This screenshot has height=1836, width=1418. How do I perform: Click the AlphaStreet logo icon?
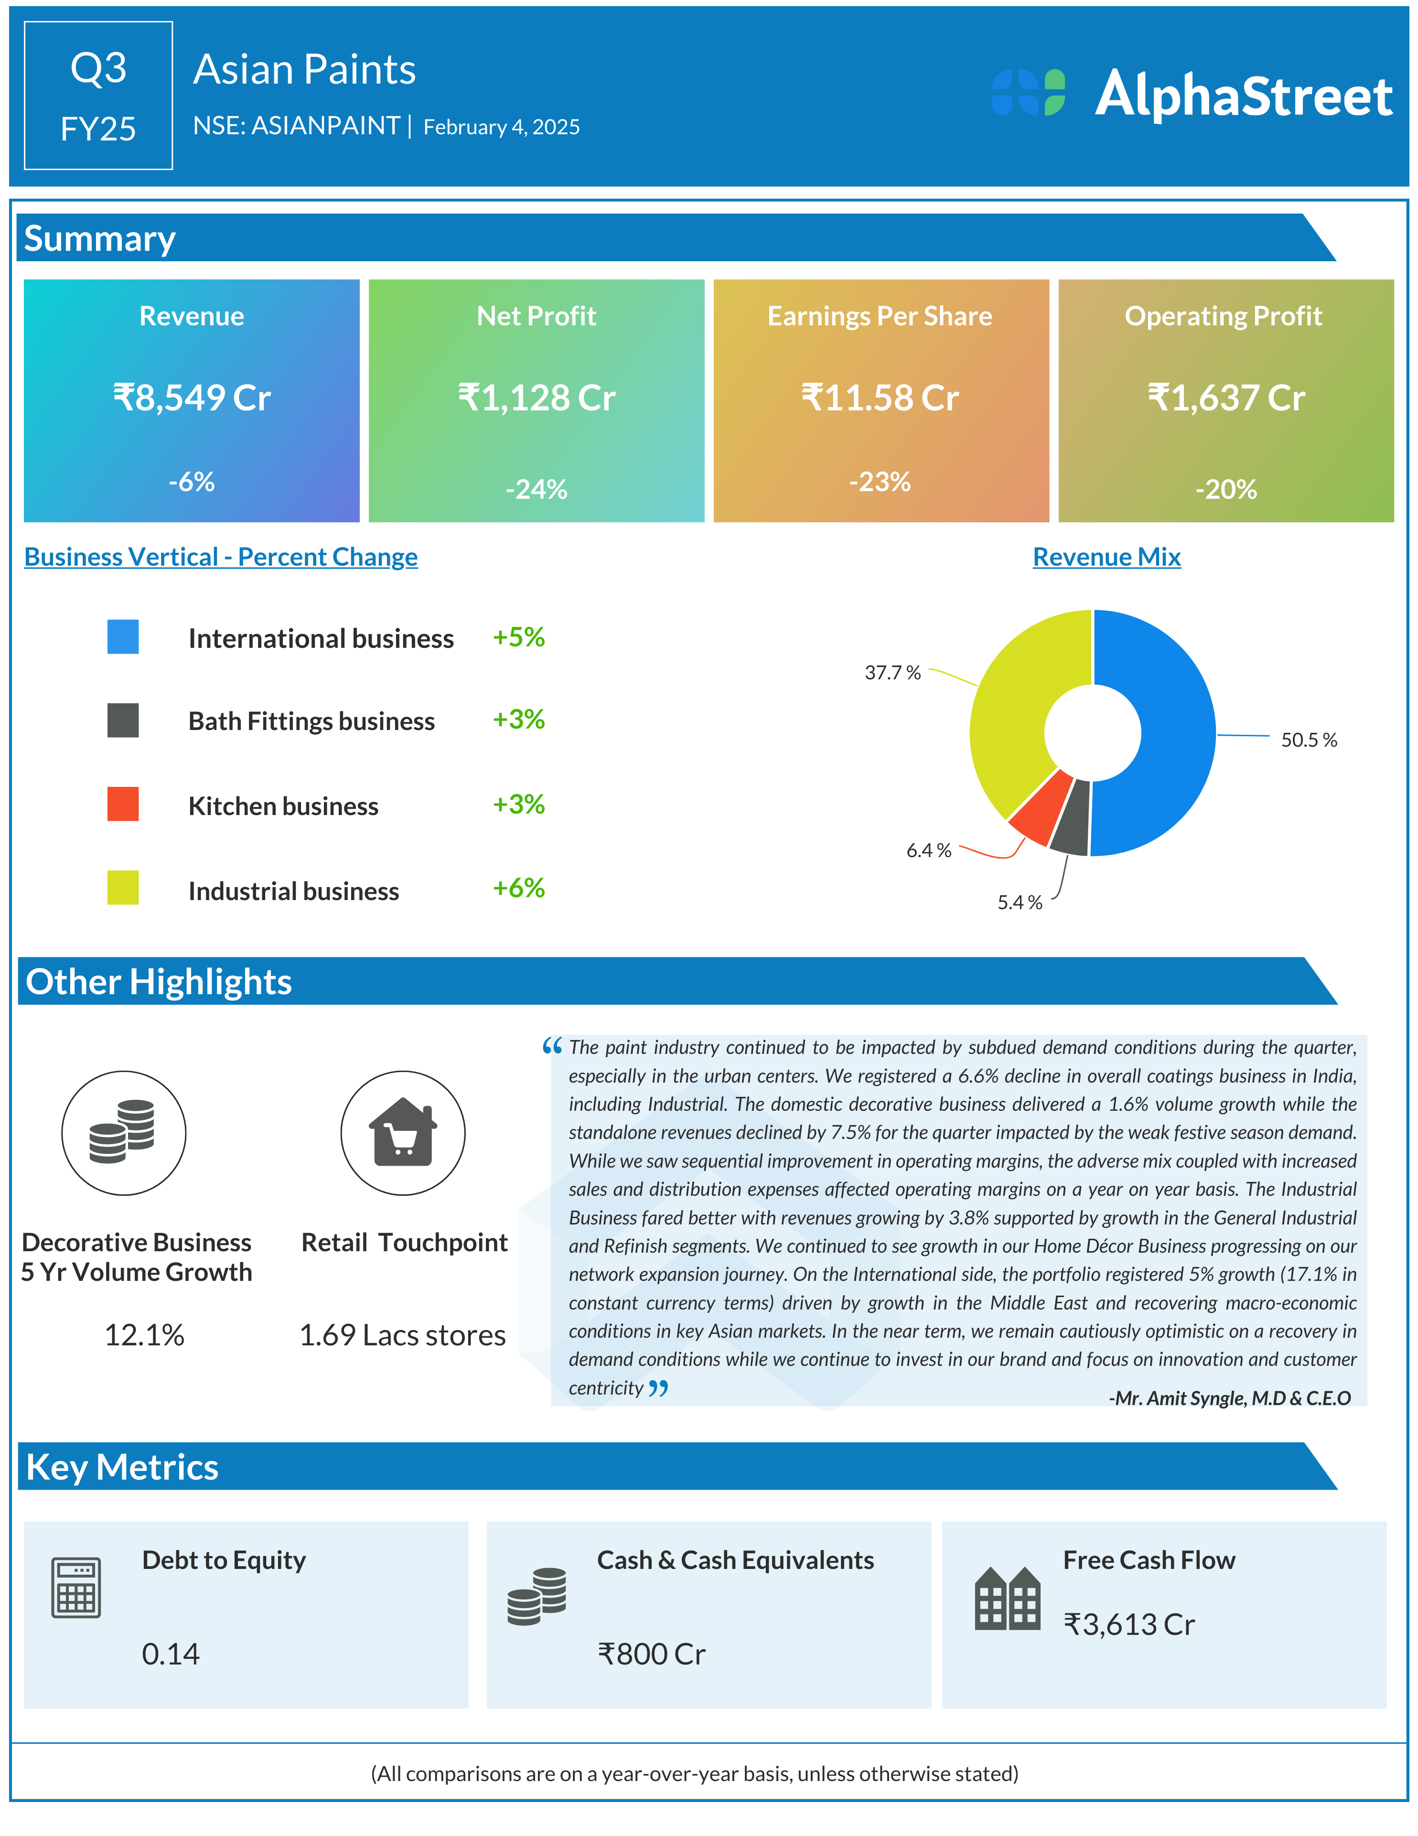pos(1028,93)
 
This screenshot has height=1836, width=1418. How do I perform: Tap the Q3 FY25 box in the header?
pos(98,96)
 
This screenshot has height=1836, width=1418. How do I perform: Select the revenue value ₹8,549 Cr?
pos(192,397)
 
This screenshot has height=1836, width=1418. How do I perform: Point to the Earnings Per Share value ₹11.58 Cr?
pos(880,397)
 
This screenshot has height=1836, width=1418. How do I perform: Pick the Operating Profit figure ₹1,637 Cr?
pos(1225,397)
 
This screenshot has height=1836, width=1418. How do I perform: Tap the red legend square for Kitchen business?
pos(123,804)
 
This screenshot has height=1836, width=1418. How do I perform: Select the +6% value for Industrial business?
pos(519,888)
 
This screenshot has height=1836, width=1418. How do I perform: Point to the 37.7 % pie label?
pos(892,673)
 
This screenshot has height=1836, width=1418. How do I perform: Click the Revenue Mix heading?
pos(1106,557)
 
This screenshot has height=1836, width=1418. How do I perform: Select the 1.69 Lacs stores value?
pos(403,1335)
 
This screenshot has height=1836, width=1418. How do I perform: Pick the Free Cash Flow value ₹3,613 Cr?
pos(1129,1625)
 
